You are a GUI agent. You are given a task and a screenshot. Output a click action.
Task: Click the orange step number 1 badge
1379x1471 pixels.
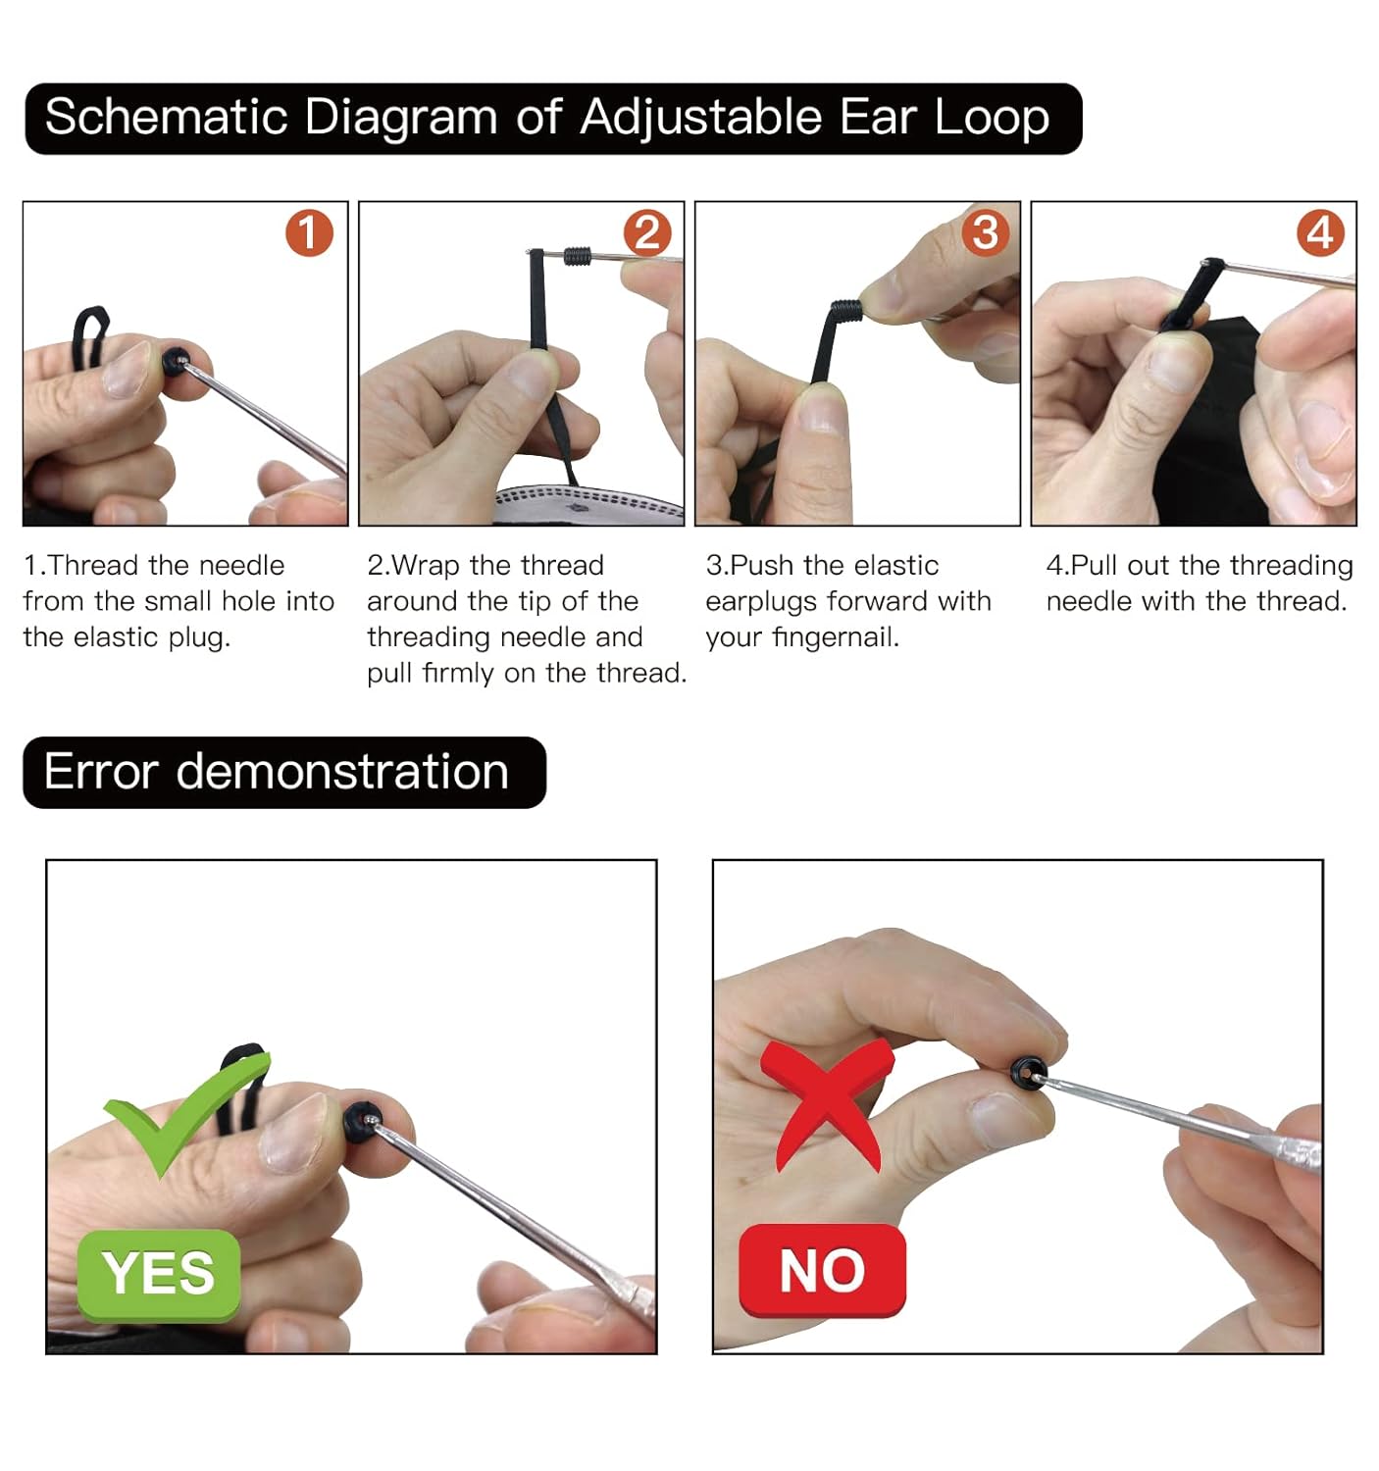click(x=309, y=233)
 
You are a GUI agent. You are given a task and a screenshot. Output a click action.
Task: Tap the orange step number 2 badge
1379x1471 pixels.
click(x=647, y=233)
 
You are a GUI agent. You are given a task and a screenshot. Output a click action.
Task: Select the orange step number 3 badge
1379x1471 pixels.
click(x=985, y=233)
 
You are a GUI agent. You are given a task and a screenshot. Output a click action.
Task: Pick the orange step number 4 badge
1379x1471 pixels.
click(x=1320, y=233)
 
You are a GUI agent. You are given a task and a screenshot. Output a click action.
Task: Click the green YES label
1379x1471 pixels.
click(x=159, y=1274)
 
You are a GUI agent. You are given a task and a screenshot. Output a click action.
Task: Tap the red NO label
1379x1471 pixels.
click(x=822, y=1271)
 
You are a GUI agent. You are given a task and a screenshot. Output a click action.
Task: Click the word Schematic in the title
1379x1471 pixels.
click(x=166, y=118)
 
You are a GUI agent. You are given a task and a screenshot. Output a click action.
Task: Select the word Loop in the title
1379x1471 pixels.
click(x=992, y=119)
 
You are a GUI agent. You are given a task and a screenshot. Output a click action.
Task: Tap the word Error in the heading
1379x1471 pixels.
click(x=101, y=772)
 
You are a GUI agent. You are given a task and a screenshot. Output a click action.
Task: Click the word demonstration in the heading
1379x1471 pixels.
click(x=342, y=772)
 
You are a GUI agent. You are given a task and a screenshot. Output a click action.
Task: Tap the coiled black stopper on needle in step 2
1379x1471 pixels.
click(x=578, y=256)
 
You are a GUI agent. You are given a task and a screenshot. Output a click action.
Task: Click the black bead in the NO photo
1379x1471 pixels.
click(x=1027, y=1071)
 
